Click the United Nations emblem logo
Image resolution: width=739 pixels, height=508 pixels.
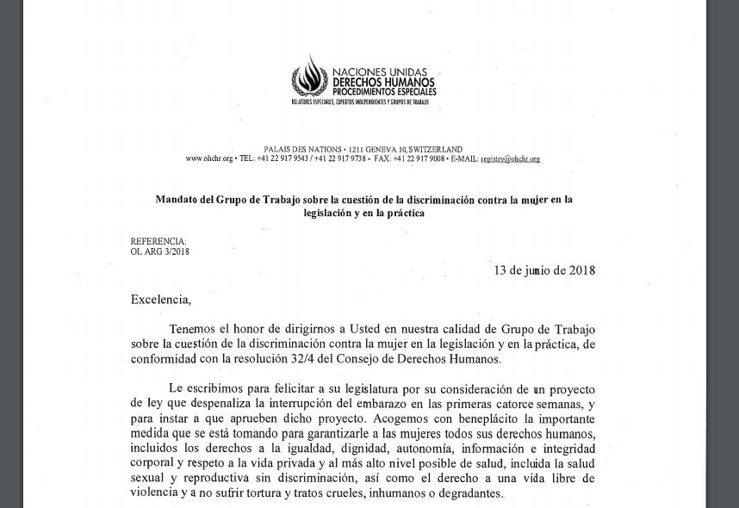pyautogui.click(x=308, y=77)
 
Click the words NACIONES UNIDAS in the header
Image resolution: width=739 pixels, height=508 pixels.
pyautogui.click(x=379, y=73)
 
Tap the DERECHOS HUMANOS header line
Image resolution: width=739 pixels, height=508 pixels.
pyautogui.click(x=383, y=83)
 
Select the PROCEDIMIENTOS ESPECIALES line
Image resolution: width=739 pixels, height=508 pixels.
pyautogui.click(x=384, y=91)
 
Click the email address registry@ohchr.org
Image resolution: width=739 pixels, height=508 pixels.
pyautogui.click(x=510, y=159)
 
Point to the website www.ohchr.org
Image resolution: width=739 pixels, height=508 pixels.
pyautogui.click(x=208, y=159)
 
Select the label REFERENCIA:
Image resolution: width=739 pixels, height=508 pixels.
pyautogui.click(x=158, y=242)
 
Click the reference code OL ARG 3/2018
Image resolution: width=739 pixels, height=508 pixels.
pyautogui.click(x=159, y=252)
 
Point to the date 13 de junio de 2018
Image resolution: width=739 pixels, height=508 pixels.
pyautogui.click(x=543, y=270)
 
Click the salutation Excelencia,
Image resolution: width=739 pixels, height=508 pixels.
pyautogui.click(x=160, y=300)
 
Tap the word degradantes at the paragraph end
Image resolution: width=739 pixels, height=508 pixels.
pyautogui.click(x=466, y=493)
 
